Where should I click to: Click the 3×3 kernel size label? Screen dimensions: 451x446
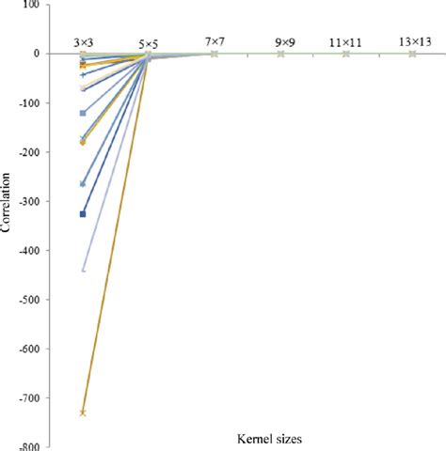(84, 42)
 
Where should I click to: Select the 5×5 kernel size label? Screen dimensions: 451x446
(150, 42)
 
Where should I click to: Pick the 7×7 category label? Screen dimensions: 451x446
(215, 42)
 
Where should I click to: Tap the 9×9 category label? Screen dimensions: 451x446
(281, 42)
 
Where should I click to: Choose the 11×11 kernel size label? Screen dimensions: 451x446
(347, 42)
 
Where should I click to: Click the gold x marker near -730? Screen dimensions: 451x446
(84, 412)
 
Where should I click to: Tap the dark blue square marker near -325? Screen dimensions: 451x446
(84, 214)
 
